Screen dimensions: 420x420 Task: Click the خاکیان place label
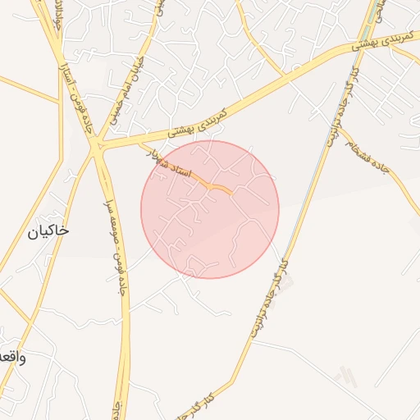pos(48,231)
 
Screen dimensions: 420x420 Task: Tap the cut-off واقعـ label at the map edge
pos(12,357)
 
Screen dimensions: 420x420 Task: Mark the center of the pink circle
pos(210,209)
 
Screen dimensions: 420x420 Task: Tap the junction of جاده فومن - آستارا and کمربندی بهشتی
pos(97,149)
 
